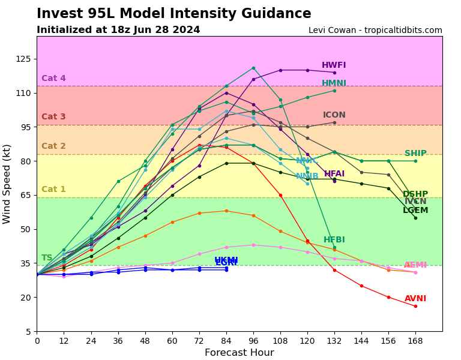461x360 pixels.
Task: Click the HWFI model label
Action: click(x=334, y=65)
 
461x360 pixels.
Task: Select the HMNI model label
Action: click(x=334, y=83)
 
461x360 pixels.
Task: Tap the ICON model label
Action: click(x=334, y=115)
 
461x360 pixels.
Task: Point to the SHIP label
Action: click(x=415, y=154)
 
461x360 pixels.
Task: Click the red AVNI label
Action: click(x=415, y=299)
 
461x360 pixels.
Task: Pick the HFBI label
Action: click(x=334, y=240)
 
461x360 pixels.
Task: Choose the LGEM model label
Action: click(x=415, y=211)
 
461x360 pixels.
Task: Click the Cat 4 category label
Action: click(x=53, y=79)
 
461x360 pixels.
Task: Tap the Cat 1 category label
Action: click(x=53, y=190)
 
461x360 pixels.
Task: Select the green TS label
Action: click(x=47, y=258)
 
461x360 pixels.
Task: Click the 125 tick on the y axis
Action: click(x=24, y=59)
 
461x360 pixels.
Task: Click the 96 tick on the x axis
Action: click(x=253, y=340)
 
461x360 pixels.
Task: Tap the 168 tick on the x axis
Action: click(x=415, y=340)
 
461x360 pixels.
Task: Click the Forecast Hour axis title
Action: click(x=239, y=353)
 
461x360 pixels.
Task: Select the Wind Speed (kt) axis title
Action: click(x=7, y=184)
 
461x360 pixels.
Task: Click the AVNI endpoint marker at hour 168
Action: click(x=415, y=306)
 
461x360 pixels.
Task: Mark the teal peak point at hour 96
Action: click(x=253, y=68)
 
